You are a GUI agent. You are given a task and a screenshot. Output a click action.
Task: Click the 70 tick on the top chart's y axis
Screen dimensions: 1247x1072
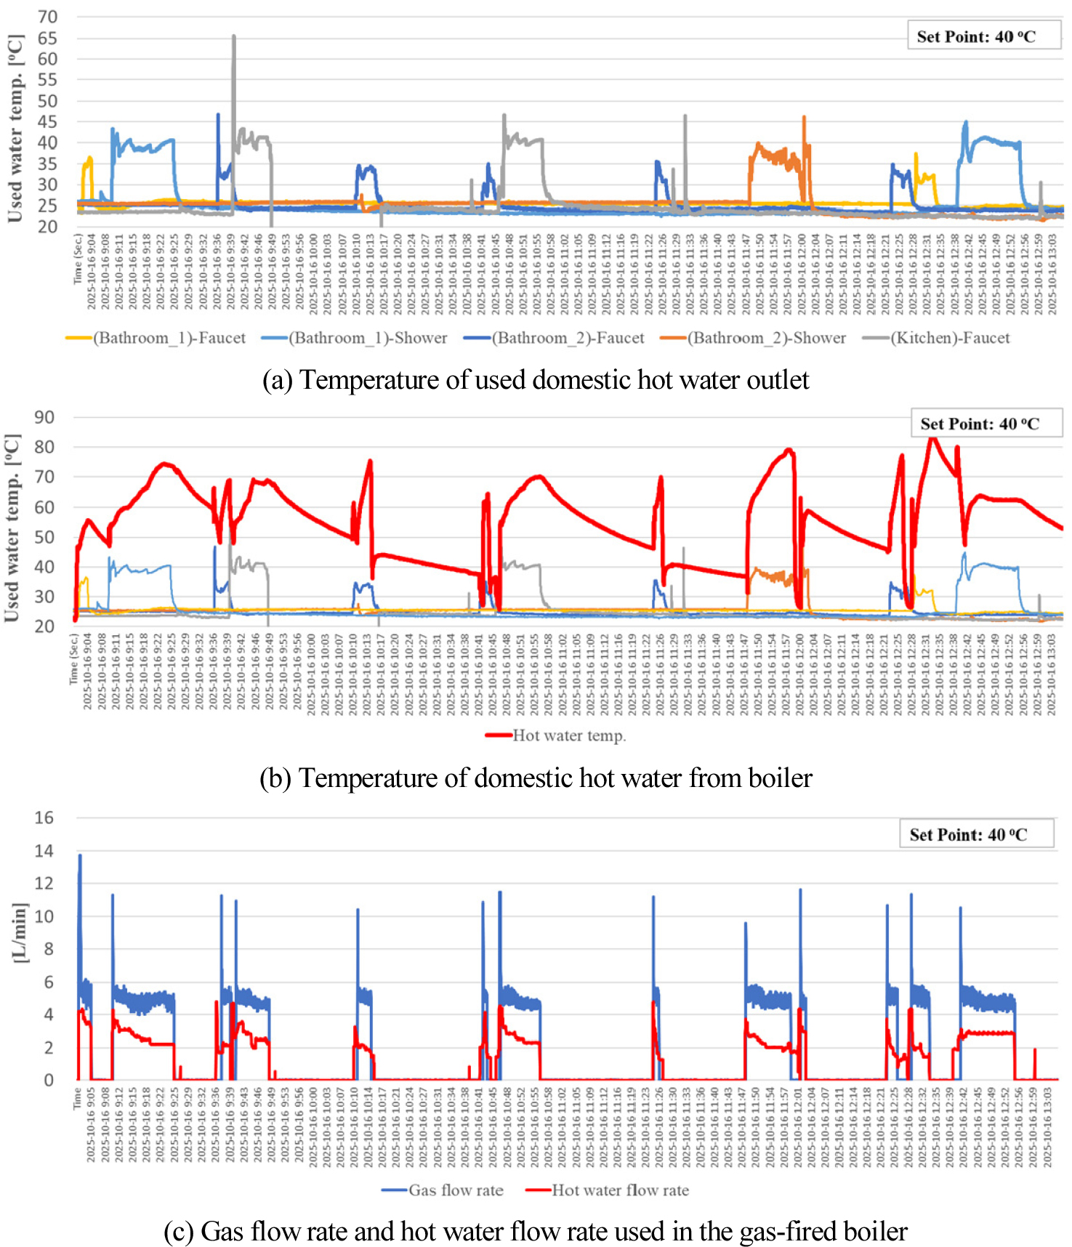pos(47,17)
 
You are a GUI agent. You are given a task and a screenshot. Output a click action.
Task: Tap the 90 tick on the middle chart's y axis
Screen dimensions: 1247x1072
pos(44,417)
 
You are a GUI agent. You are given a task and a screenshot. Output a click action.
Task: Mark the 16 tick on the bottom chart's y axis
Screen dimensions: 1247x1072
pos(44,818)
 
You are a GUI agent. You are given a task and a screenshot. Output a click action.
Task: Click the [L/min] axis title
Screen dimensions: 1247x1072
pos(20,933)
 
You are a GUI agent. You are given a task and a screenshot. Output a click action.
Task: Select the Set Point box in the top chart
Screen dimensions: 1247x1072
pos(983,36)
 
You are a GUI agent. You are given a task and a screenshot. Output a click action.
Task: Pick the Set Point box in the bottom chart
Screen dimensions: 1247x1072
pos(976,834)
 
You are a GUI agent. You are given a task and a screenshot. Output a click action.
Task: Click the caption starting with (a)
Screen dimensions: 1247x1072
pos(536,380)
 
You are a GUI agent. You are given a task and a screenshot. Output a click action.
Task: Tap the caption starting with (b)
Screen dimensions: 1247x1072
pos(536,778)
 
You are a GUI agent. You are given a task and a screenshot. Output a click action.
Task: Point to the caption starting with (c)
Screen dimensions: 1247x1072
pos(536,1231)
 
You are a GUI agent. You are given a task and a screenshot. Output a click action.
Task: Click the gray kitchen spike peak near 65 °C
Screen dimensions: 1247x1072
pos(233,36)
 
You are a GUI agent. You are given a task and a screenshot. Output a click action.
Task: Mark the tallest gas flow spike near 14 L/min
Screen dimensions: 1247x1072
pos(80,855)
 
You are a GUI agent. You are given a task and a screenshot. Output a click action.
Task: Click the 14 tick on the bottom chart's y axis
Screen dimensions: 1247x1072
pos(44,850)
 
